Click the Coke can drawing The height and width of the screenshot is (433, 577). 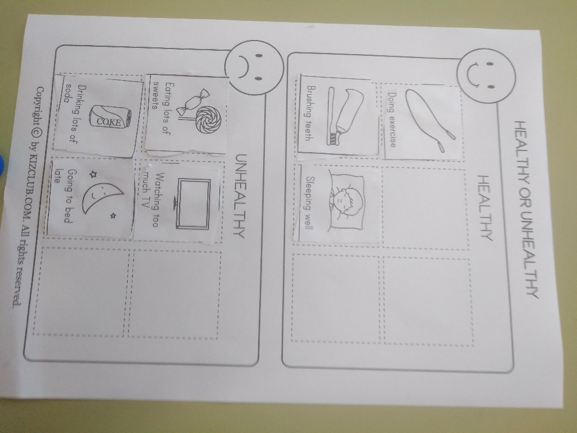110,117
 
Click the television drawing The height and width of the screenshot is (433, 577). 193,203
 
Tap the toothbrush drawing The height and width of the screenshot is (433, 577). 331,116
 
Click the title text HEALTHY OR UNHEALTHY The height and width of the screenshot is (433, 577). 526,209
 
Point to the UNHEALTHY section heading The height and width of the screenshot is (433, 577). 240,196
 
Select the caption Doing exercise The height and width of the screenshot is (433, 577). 392,120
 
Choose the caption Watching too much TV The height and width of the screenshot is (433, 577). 151,199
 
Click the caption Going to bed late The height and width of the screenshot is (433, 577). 63,196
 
